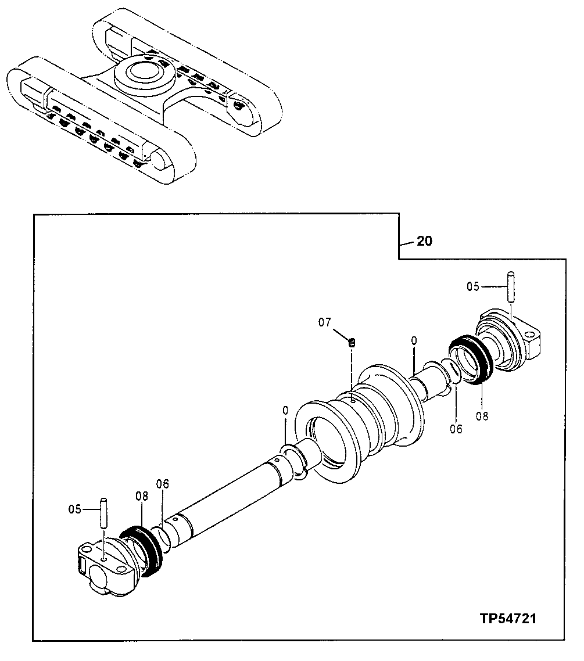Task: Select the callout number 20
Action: pos(425,241)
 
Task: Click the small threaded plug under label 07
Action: pos(352,343)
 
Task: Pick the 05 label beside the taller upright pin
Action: pos(474,286)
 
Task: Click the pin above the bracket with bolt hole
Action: pos(511,286)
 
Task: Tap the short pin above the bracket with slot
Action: pos(103,511)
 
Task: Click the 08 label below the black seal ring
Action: pos(482,415)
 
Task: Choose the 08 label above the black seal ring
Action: pos(142,496)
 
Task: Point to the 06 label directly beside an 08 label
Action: pos(163,484)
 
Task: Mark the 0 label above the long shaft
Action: pos(285,410)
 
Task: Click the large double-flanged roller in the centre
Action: pos(360,418)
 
